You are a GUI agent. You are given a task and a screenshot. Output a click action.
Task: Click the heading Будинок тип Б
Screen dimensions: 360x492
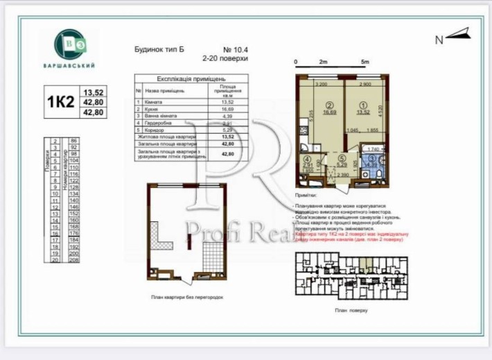tap(159, 50)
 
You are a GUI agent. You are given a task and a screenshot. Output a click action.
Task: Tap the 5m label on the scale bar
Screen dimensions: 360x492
tap(365, 62)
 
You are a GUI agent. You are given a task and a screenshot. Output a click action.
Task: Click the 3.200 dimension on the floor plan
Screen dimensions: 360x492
tap(321, 84)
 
